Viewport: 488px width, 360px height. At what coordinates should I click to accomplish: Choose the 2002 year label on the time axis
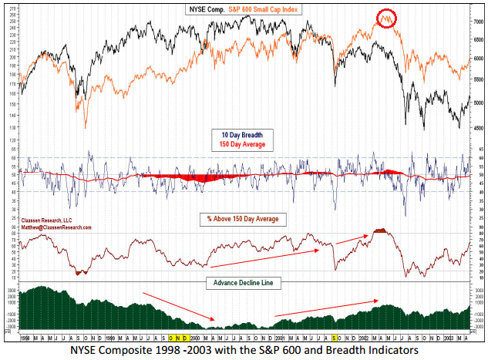pyautogui.click(x=362, y=338)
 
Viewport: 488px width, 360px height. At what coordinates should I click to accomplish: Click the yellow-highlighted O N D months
pyautogui.click(x=177, y=338)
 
